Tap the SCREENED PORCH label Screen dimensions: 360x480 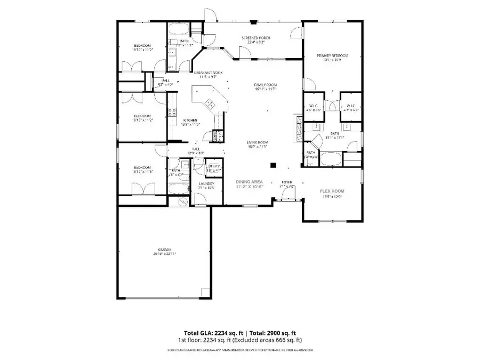coord(255,38)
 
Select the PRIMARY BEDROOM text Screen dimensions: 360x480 coord(332,55)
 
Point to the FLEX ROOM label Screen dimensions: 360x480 coord(332,191)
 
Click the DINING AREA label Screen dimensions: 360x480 coord(249,182)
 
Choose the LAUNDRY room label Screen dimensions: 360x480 coord(205,184)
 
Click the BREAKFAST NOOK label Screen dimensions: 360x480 coord(208,73)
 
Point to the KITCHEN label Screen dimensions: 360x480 coord(190,121)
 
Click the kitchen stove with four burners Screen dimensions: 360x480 coord(173,111)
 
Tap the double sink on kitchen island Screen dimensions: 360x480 coord(209,103)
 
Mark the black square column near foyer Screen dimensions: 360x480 coord(273,165)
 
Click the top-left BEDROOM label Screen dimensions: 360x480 coord(141,45)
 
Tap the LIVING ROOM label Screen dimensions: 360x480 coord(257,142)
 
